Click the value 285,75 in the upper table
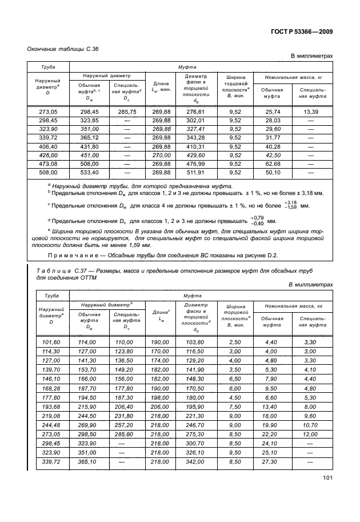[125, 111]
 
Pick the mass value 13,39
[311, 111]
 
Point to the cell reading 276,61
[195, 111]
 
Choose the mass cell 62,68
[273, 164]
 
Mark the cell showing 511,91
[195, 172]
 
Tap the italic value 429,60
[195, 155]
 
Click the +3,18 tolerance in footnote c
[290, 202]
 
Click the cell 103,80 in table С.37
[195, 341]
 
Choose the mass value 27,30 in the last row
[273, 461]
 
